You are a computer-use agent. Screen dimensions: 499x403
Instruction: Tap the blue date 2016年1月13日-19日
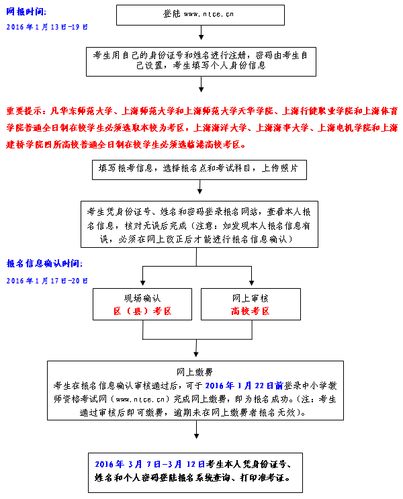[x=46, y=26]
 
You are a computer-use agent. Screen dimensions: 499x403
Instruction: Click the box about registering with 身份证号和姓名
[x=201, y=59]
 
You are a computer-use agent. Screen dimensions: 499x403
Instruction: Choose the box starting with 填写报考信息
[x=199, y=169]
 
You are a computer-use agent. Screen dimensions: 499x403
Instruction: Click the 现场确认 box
[x=142, y=304]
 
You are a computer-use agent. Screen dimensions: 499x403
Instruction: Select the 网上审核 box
[x=250, y=304]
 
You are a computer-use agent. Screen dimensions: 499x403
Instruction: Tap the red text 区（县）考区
[x=142, y=311]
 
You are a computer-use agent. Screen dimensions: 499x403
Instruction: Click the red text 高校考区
[x=250, y=311]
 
